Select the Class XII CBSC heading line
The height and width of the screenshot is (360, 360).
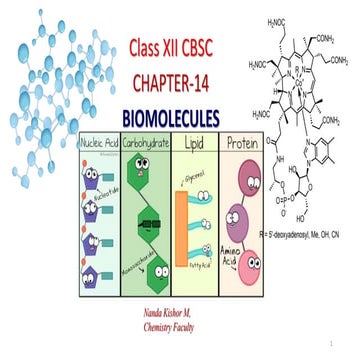[180, 47]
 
